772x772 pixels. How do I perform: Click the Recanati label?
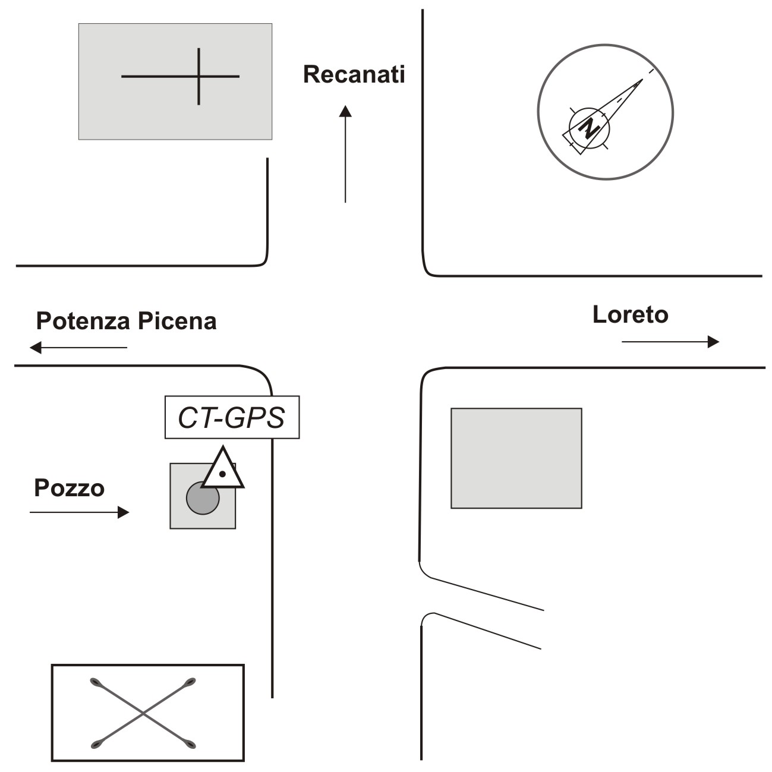coord(354,74)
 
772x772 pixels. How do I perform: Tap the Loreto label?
coord(630,314)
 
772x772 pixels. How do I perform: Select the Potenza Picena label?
coord(126,321)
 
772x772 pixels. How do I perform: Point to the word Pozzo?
coord(70,488)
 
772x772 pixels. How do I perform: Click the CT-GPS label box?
coord(232,417)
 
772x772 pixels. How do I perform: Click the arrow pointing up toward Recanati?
coord(345,154)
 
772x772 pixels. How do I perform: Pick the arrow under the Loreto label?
coord(670,342)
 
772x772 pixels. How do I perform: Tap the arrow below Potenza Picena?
coord(78,347)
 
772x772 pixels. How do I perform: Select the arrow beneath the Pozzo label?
coord(79,512)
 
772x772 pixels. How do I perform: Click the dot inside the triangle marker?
coord(223,474)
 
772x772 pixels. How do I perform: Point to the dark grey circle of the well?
coord(203,498)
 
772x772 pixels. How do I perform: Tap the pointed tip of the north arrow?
coord(642,79)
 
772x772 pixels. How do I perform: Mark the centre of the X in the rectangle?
coord(143,713)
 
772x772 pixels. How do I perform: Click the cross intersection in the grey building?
coord(198,76)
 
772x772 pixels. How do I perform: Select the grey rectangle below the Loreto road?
coord(516,458)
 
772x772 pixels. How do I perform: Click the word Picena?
coord(177,321)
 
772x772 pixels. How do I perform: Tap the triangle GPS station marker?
coord(223,467)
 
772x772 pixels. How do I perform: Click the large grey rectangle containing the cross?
coord(175,81)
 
